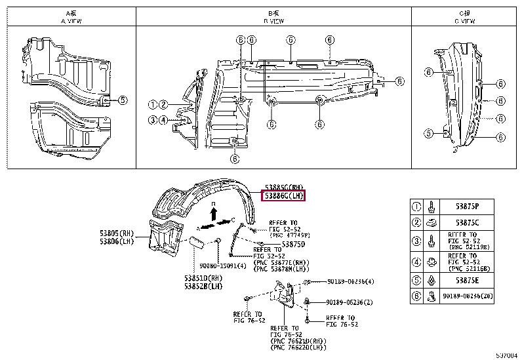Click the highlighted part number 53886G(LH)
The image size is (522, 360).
coord(284,195)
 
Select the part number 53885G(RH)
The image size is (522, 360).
coord(284,187)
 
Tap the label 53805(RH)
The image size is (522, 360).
coord(116,234)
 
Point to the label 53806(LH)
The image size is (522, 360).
coord(116,242)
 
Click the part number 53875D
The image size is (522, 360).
coord(292,244)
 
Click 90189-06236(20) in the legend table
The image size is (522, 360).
coord(473,296)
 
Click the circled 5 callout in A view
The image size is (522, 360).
coord(123,100)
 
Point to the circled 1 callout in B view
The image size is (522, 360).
coord(152,104)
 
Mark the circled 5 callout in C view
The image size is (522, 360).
coord(428,134)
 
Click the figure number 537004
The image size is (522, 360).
coord(508,355)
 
